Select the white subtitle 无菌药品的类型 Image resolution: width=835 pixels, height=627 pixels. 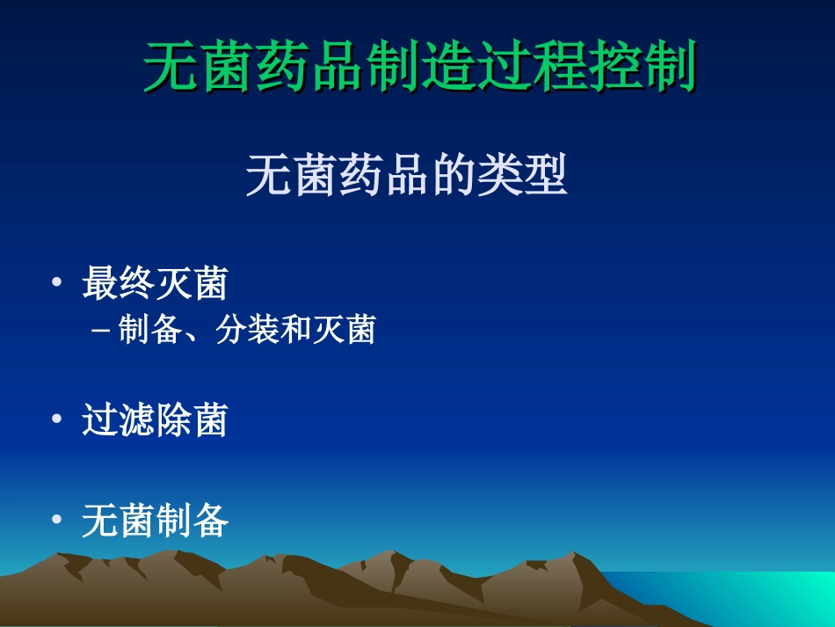pos(406,176)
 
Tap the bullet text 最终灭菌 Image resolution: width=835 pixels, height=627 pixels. pos(155,284)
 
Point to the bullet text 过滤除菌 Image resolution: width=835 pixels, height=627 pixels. pos(155,419)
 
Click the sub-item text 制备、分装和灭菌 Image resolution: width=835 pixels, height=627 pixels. pos(246,331)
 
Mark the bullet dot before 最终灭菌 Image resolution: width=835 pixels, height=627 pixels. pos(57,283)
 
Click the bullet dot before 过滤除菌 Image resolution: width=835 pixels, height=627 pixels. pos(57,419)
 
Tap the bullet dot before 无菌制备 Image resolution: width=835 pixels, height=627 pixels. pos(57,521)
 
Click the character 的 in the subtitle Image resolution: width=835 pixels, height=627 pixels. pos(453,176)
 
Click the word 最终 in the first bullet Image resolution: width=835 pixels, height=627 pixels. pos(119,284)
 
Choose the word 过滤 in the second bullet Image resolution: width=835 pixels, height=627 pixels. pos(119,419)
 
